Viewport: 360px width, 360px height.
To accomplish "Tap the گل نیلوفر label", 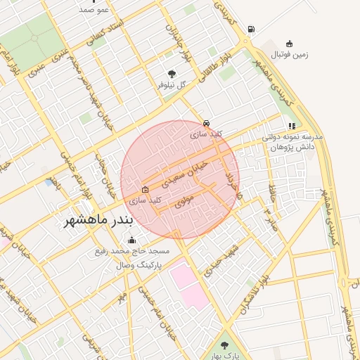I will click(x=172, y=85).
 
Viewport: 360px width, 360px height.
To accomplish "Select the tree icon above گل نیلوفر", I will click(x=172, y=73).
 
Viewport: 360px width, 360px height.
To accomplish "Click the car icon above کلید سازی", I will click(x=205, y=121).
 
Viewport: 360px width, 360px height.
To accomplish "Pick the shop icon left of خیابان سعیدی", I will click(x=145, y=189).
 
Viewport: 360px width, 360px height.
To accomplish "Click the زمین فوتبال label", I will click(x=289, y=54).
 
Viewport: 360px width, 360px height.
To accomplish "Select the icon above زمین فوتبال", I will click(x=289, y=44).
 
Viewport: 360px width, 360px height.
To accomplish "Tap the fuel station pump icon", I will click(x=251, y=30).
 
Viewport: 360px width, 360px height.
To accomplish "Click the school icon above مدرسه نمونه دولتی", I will click(x=292, y=127).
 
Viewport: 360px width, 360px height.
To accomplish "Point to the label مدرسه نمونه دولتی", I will click(x=292, y=137).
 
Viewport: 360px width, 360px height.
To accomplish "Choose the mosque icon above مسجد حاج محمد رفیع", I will click(x=132, y=240).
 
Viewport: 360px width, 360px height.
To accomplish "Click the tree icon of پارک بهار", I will click(x=224, y=345).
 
